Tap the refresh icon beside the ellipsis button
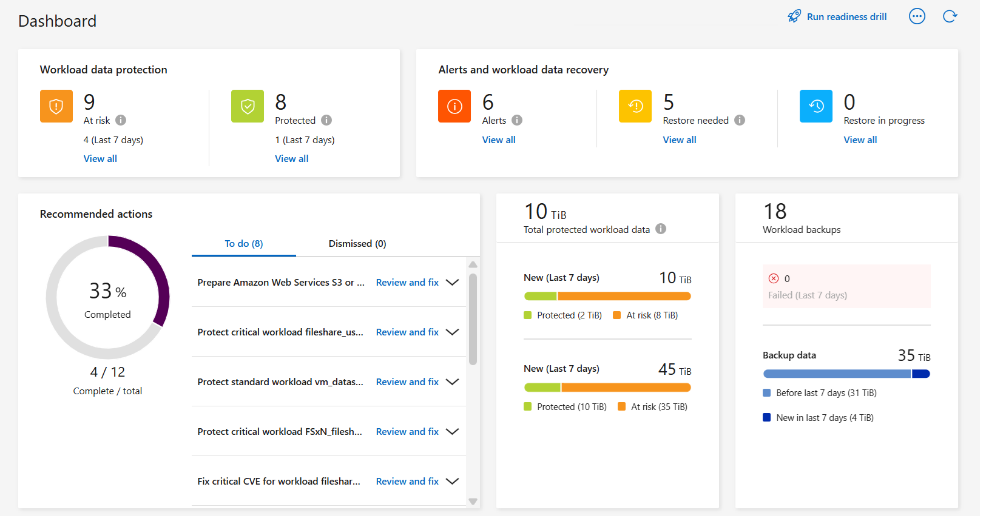click(x=950, y=16)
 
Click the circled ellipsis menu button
click(x=917, y=16)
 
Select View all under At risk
click(x=100, y=159)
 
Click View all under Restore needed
click(x=679, y=140)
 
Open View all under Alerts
click(x=498, y=140)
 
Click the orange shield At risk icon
click(x=56, y=106)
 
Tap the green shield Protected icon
click(x=248, y=106)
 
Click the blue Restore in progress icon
click(x=815, y=106)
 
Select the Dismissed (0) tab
click(x=357, y=244)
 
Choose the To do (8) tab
click(x=243, y=244)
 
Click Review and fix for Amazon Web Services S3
click(x=407, y=283)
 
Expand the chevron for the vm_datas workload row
click(x=452, y=382)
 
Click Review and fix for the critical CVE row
click(x=407, y=482)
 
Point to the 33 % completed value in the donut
click(x=107, y=292)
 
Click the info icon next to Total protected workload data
click(x=661, y=229)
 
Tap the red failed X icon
click(x=774, y=278)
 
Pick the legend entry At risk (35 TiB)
click(x=653, y=407)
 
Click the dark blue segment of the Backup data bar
click(x=920, y=374)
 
